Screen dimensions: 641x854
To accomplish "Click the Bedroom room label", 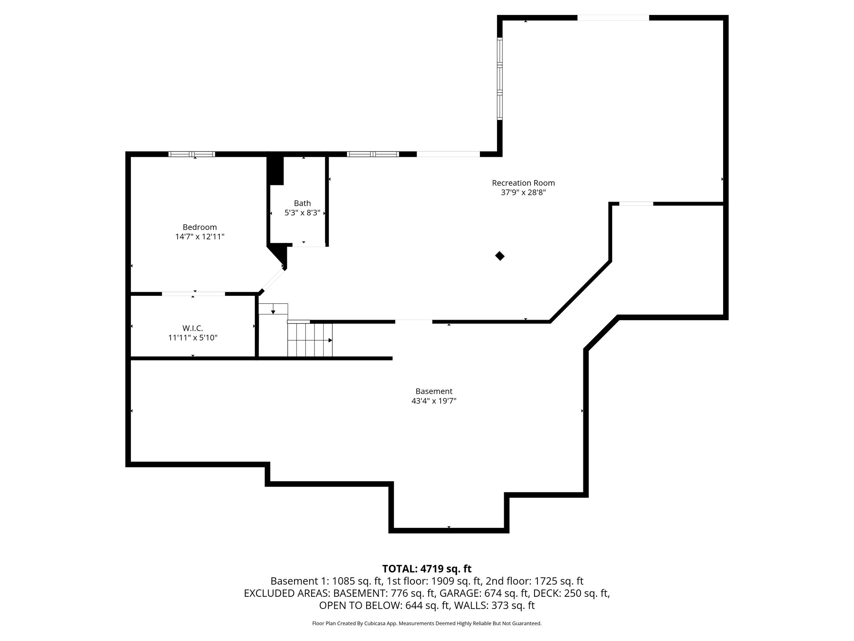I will (x=200, y=227).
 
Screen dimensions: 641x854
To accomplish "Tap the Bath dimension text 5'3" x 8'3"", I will (x=302, y=213).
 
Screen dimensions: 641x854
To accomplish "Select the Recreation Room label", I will (x=523, y=183).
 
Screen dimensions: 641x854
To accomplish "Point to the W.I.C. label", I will (x=193, y=328).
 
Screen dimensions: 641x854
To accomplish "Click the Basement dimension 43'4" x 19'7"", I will (x=434, y=401).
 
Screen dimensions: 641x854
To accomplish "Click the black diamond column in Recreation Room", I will (x=500, y=256).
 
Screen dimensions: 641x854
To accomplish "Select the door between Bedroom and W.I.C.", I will (x=193, y=294).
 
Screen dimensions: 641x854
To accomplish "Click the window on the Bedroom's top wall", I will (x=192, y=154).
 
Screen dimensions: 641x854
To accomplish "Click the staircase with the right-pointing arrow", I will (x=310, y=340).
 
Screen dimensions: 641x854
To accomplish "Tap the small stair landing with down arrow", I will (x=273, y=309).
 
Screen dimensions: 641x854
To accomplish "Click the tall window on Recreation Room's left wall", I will (x=500, y=79).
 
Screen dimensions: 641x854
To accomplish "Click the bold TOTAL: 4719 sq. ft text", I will (x=427, y=569).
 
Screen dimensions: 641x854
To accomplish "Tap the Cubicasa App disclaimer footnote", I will (x=427, y=623).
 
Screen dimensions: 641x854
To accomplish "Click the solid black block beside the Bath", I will (x=275, y=170).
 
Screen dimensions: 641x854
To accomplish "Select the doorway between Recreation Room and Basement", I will (x=414, y=321).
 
